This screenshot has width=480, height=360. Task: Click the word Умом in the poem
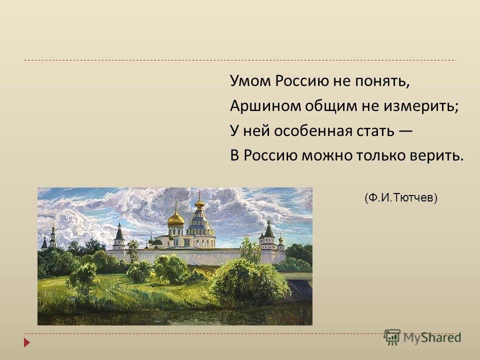click(250, 81)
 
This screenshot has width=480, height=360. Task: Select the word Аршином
click(265, 106)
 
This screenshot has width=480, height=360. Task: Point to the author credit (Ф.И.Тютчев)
click(401, 198)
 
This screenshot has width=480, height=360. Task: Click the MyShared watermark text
click(432, 337)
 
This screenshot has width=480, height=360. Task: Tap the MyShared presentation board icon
click(392, 337)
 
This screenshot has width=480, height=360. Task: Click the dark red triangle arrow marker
click(27, 342)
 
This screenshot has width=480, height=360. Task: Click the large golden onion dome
click(176, 219)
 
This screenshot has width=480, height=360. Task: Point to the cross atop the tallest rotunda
click(200, 194)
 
